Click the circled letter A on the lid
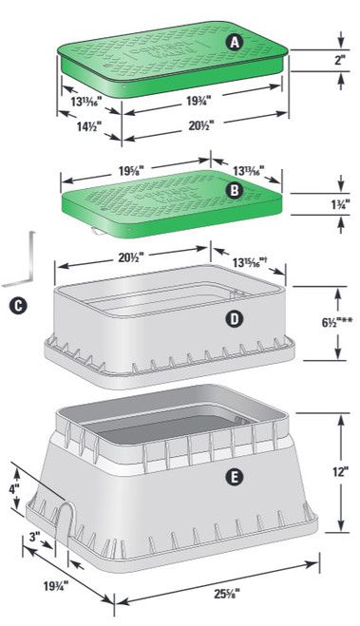point(234,42)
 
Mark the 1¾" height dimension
point(339,204)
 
